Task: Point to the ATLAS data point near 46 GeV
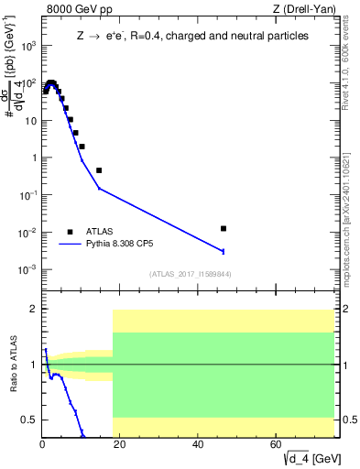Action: point(224,228)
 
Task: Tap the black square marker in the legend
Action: point(70,232)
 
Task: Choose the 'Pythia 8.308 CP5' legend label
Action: point(130,245)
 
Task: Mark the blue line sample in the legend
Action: point(71,245)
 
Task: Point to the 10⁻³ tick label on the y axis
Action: point(28,269)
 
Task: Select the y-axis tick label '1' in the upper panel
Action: point(33,158)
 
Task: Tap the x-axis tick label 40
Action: point(198,444)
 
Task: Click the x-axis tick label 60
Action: point(276,444)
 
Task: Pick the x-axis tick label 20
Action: point(120,444)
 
